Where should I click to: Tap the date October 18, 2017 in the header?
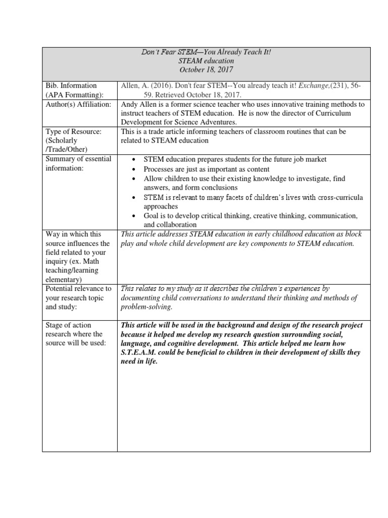(206, 70)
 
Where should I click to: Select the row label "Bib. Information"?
(71, 85)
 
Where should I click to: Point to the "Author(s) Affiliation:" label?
(78, 104)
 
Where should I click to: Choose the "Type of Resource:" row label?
(74, 132)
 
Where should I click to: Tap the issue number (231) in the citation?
(338, 85)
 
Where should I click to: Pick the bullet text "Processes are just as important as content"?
(207, 169)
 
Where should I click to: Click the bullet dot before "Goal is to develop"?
(133, 216)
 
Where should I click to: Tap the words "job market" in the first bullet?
(310, 159)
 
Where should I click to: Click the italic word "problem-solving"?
(147, 307)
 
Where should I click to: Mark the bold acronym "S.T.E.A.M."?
(139, 353)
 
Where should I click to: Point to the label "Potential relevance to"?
(78, 289)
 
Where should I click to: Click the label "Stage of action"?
(68, 325)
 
